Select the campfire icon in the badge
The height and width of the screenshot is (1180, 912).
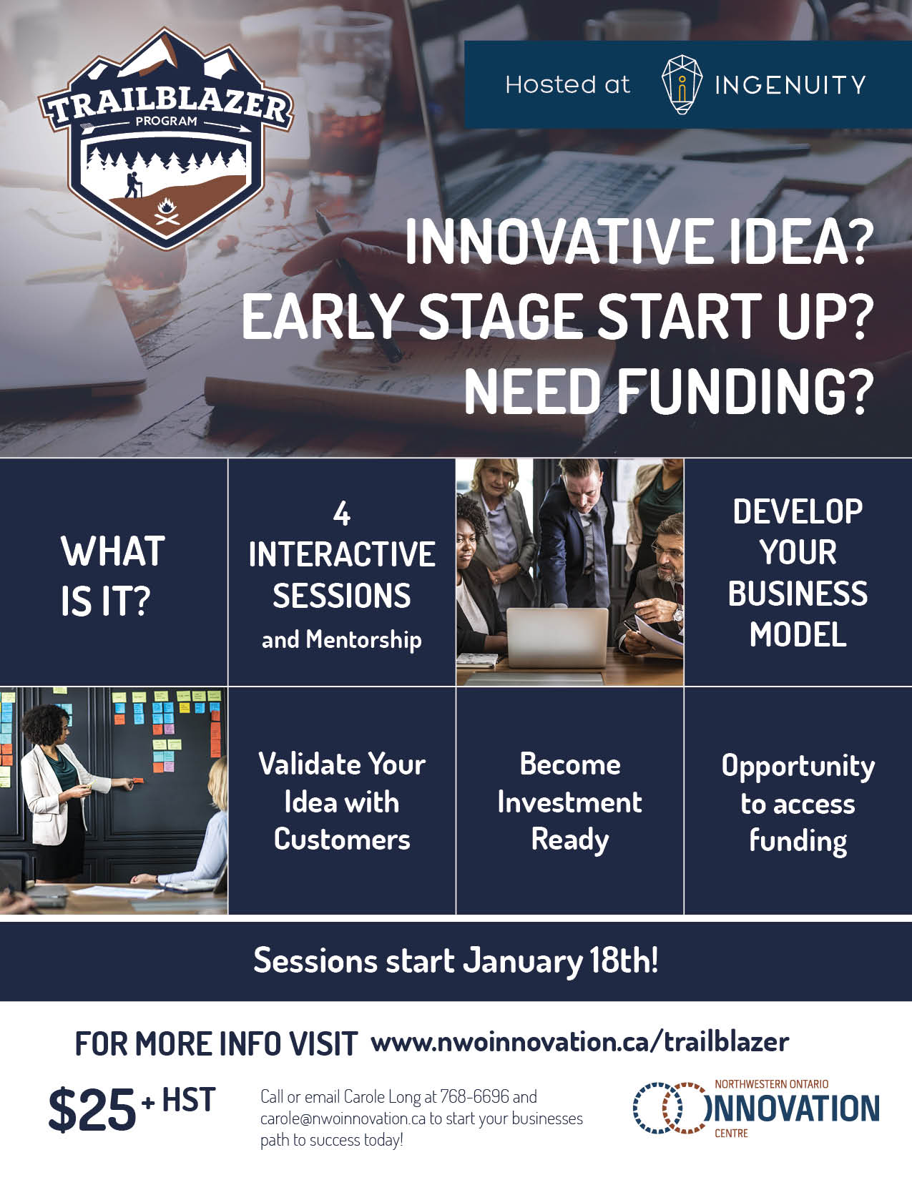coord(167,211)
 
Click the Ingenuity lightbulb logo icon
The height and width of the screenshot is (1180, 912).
coord(682,84)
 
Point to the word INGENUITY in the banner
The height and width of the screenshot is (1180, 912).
coord(790,85)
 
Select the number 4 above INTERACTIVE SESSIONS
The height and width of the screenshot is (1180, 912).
coord(342,513)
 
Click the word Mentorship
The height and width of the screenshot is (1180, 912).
coord(363,639)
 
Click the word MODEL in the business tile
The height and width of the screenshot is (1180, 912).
coord(798,634)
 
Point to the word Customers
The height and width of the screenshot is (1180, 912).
coord(342,839)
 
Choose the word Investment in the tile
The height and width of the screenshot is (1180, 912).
coord(570,802)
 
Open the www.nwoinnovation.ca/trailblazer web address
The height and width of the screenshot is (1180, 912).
coord(580,1043)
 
